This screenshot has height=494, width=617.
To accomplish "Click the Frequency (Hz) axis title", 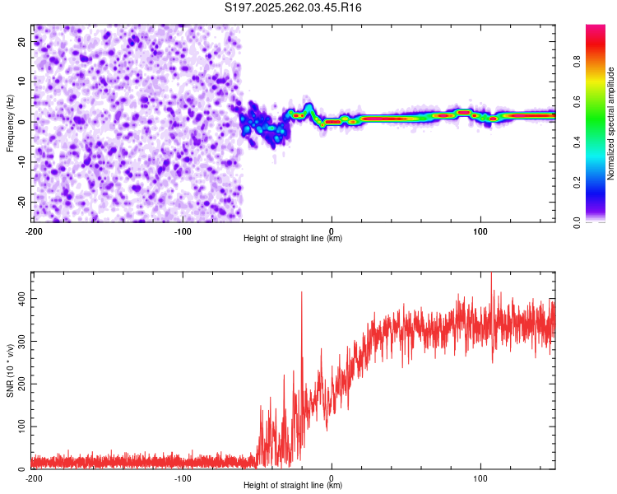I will (x=10, y=122).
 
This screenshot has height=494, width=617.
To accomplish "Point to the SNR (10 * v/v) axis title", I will (x=10, y=370).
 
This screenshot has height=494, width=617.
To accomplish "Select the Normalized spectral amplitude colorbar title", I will (x=611, y=123).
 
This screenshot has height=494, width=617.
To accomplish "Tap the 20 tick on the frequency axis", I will (x=22, y=41).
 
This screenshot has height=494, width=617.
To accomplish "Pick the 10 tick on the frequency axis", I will (x=22, y=82).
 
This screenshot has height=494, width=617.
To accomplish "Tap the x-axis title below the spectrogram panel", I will (x=293, y=239).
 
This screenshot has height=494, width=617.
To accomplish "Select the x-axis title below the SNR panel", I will (x=293, y=486).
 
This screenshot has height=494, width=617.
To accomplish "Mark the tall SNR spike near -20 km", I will (x=301, y=295).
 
